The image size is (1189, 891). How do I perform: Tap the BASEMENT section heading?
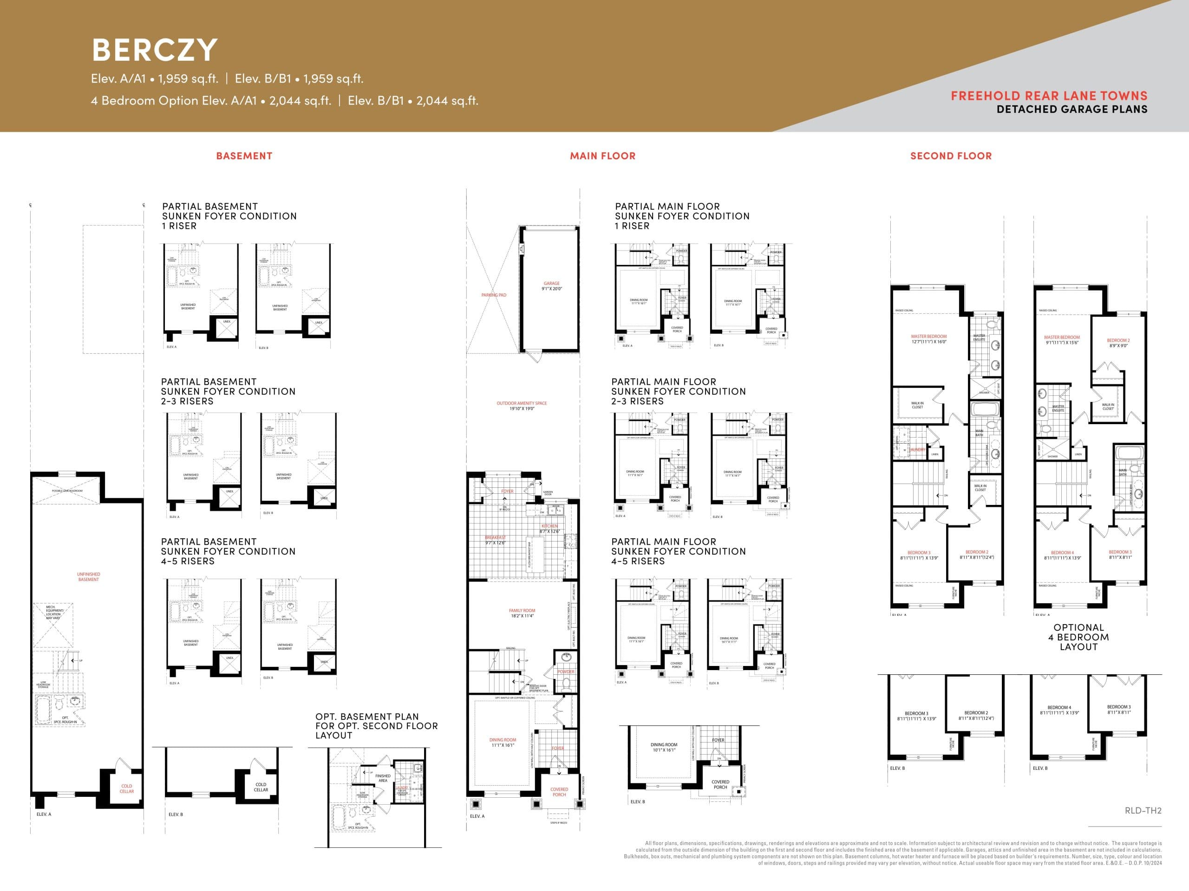pyautogui.click(x=244, y=156)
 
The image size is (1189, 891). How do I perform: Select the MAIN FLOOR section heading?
pyautogui.click(x=602, y=156)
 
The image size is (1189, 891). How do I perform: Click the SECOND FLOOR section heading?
pyautogui.click(x=950, y=156)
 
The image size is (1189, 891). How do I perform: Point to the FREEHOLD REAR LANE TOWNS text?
pyautogui.click(x=1049, y=96)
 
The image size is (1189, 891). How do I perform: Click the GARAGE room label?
pyautogui.click(x=551, y=284)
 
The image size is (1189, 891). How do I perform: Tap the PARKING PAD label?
pyautogui.click(x=493, y=295)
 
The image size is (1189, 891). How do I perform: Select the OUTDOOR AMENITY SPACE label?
pyautogui.click(x=522, y=403)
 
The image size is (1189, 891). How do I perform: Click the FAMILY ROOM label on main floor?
pyautogui.click(x=522, y=611)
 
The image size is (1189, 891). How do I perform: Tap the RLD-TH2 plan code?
pyautogui.click(x=1143, y=810)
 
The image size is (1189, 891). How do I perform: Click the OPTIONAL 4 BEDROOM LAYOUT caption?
pyautogui.click(x=1078, y=637)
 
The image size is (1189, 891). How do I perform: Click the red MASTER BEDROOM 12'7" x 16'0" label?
pyautogui.click(x=928, y=337)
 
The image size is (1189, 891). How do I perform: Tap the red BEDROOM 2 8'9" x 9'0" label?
pyautogui.click(x=1118, y=341)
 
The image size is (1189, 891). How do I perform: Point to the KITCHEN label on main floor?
pyautogui.click(x=549, y=526)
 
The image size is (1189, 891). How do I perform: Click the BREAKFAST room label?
pyautogui.click(x=495, y=537)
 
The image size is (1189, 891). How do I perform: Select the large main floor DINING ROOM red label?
pyautogui.click(x=503, y=740)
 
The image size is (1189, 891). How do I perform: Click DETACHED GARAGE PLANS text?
pyautogui.click(x=1071, y=110)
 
